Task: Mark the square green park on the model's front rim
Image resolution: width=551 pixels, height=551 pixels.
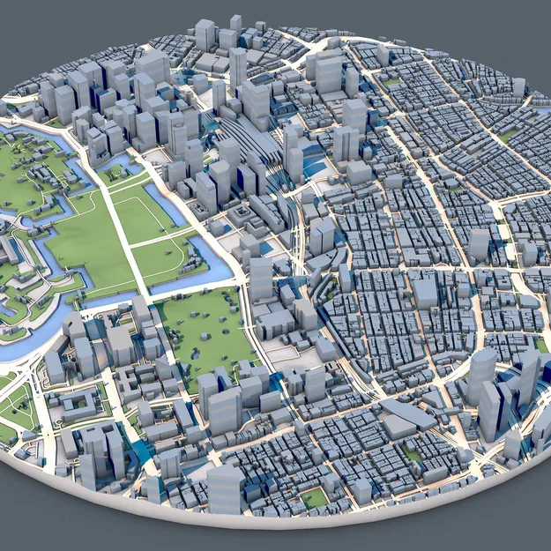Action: pos(314,498)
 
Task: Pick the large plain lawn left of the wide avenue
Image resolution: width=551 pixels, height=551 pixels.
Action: pos(88,242)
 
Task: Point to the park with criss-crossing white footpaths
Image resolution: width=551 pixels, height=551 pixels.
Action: pos(18,406)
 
